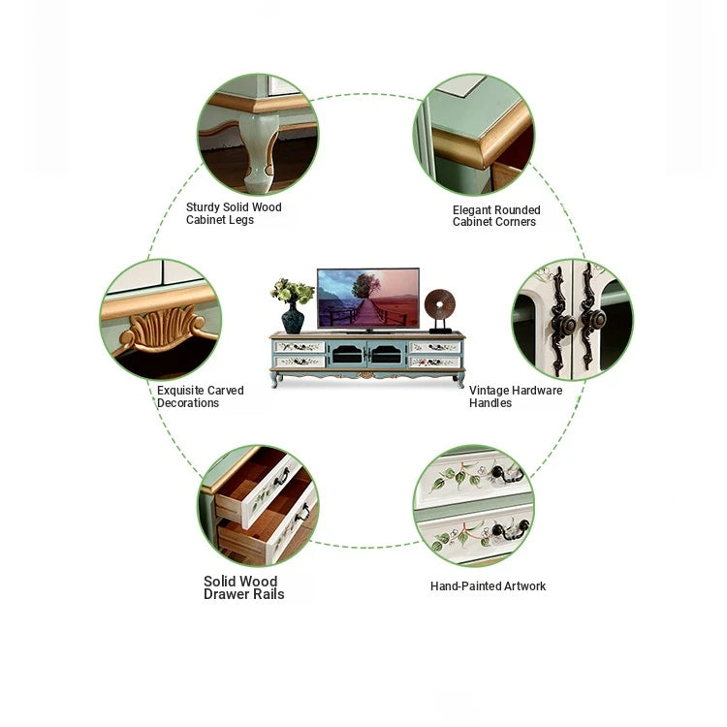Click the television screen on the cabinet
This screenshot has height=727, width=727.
[368, 298]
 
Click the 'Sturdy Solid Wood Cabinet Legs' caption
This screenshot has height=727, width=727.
[234, 213]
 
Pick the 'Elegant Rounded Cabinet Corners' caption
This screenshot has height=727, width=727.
[496, 215]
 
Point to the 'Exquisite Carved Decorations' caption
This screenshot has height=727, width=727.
[201, 396]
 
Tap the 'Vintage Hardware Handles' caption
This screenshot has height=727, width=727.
[516, 396]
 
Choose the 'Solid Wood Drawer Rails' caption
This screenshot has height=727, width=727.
[243, 587]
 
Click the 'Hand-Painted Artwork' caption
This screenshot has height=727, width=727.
[488, 586]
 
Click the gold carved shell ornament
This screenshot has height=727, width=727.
[162, 329]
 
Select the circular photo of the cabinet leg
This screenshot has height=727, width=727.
[257, 134]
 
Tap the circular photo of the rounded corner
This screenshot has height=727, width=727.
[474, 135]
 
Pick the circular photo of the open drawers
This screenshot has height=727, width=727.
[258, 505]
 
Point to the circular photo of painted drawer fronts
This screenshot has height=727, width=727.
[474, 505]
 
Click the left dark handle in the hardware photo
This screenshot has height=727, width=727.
[559, 320]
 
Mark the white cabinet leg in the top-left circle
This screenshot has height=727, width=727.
[254, 155]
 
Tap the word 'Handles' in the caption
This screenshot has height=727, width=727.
[490, 403]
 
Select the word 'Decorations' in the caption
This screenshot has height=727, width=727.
[188, 403]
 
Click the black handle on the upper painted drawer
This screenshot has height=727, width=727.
[508, 475]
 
